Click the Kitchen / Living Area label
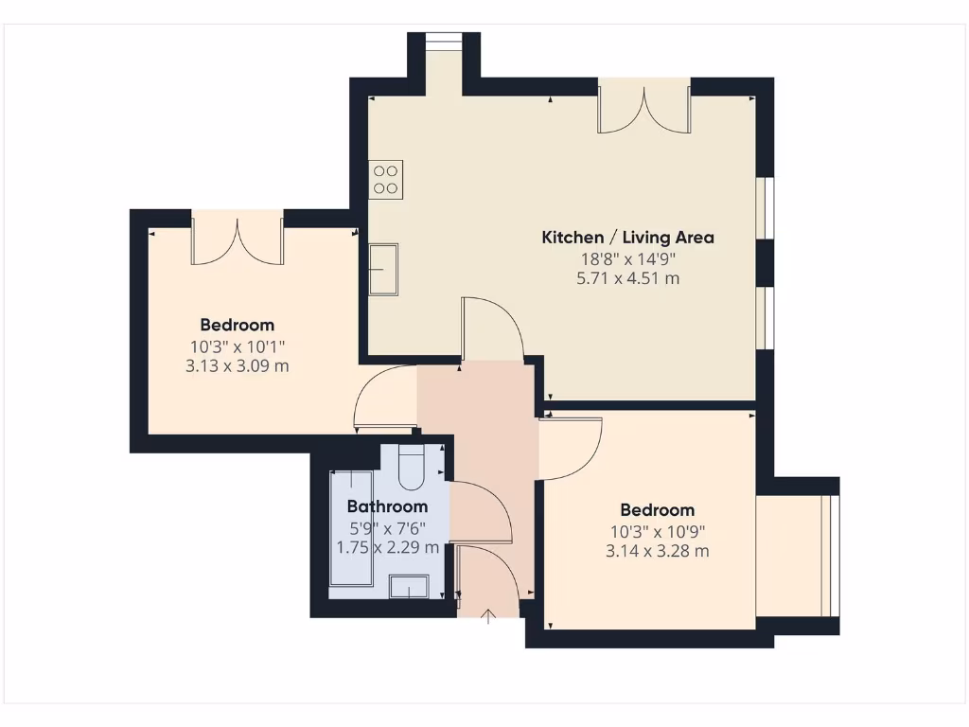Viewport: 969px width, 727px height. coord(627,238)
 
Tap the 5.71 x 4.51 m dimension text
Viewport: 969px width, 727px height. coord(627,278)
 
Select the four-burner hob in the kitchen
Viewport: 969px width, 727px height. coord(386,179)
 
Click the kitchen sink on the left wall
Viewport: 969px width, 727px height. coord(383,269)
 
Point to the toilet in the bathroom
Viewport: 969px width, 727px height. coord(413,467)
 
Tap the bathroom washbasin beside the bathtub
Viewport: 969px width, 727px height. coord(409,587)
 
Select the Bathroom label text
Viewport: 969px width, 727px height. coord(387,506)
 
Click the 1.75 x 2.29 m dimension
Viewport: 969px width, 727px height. coord(387,547)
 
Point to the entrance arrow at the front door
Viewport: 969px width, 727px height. coord(488,618)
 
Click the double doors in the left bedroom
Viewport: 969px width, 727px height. coord(238,240)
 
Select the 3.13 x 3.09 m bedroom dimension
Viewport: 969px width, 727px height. coord(238,365)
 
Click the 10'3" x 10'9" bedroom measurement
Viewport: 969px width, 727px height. coord(658,531)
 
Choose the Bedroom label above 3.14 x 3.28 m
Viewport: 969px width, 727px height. coord(658,510)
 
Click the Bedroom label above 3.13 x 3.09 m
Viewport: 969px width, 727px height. coord(238,325)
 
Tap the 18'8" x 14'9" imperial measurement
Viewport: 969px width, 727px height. coord(627,258)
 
